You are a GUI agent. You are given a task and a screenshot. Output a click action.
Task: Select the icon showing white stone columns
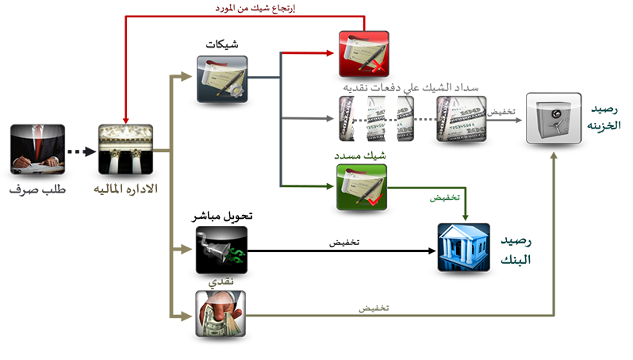124,148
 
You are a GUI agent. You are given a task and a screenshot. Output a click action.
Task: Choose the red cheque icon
363,52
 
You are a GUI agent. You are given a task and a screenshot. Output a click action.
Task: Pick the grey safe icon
553,118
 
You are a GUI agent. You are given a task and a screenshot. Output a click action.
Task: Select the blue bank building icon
465,247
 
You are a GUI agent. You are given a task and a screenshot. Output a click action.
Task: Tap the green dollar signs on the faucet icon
236,255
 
